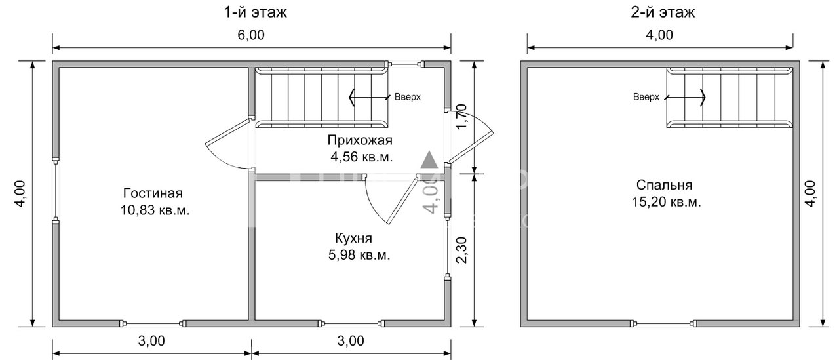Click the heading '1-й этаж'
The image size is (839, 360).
252,12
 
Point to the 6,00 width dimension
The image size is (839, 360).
252,37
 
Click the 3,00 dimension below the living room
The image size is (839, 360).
152,341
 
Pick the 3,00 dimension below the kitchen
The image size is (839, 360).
351,341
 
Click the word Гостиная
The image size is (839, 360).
152,193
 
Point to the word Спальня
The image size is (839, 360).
663,185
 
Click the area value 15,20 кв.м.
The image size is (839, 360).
663,202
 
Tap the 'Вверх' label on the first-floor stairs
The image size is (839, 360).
407,97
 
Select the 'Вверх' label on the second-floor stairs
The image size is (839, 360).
646,97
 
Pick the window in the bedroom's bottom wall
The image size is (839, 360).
663,323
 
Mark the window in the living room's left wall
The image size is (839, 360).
56,190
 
